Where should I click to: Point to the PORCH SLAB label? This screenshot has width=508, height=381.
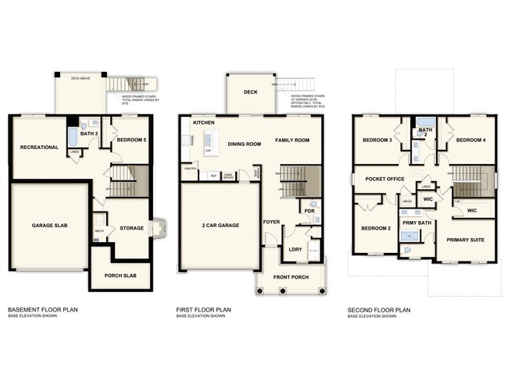click(x=120, y=276)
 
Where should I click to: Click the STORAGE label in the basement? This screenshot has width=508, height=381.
click(x=131, y=228)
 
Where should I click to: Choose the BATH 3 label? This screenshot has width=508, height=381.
click(x=90, y=134)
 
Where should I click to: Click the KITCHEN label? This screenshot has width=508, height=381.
click(x=204, y=123)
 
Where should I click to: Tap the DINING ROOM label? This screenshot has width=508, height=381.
click(x=244, y=144)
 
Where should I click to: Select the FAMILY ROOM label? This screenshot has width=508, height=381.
click(x=292, y=140)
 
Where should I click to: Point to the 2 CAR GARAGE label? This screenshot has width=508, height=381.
click(x=220, y=225)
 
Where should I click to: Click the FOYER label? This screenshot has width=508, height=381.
click(x=271, y=221)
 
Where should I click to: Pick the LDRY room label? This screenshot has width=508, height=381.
click(x=295, y=249)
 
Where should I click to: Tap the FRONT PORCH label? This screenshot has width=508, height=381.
click(x=290, y=277)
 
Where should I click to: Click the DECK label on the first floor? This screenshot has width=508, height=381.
click(x=250, y=92)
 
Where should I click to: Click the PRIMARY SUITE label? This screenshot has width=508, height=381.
click(x=466, y=240)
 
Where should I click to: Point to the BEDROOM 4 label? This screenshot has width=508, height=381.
click(x=471, y=140)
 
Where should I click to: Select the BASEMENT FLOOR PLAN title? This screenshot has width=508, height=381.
click(x=42, y=310)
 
